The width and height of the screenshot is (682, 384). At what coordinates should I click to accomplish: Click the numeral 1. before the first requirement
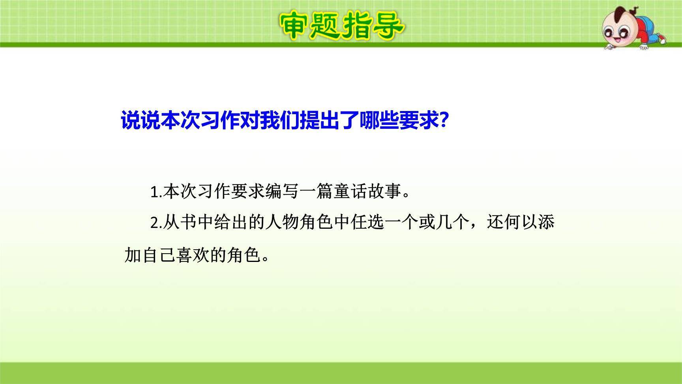point(156,192)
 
